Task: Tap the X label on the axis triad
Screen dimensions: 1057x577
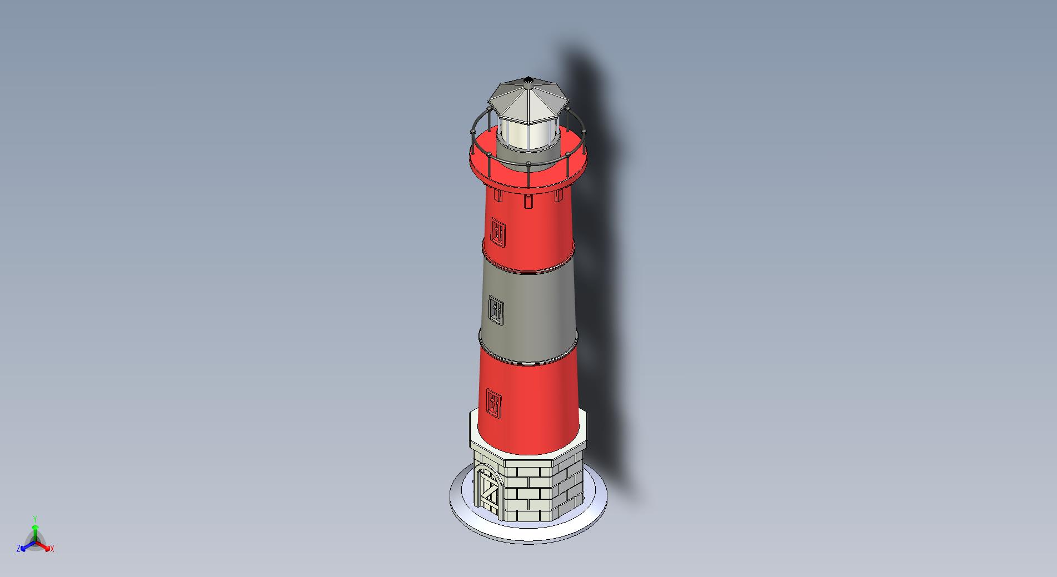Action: click(52, 549)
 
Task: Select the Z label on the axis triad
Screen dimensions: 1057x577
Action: click(18, 548)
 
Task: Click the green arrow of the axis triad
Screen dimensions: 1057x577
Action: click(34, 531)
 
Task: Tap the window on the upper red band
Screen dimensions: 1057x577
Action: click(498, 230)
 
